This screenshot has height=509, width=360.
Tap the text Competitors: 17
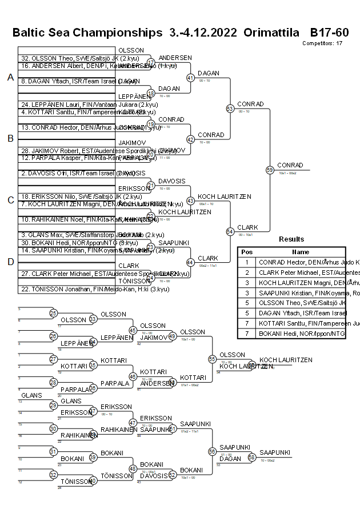tap(322, 43)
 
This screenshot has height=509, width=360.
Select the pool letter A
tap(10, 78)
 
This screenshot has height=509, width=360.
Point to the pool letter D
tap(10, 262)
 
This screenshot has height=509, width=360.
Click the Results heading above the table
tap(291, 239)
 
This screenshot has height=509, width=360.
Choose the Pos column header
tap(246, 252)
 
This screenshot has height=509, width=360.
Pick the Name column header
tap(300, 252)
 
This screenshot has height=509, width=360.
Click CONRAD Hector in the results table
tap(302, 262)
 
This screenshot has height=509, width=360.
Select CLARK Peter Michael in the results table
tap(302, 272)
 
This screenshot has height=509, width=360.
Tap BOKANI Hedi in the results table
tap(302, 334)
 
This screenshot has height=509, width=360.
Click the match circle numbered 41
tap(190, 77)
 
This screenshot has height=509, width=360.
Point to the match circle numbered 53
tap(230, 109)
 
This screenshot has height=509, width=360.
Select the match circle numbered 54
tap(230, 231)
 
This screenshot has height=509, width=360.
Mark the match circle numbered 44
tap(190, 262)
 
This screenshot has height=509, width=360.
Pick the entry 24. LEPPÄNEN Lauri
tap(68, 105)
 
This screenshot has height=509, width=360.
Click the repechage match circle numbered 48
tap(133, 468)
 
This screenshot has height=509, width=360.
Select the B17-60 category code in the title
tap(329, 33)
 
